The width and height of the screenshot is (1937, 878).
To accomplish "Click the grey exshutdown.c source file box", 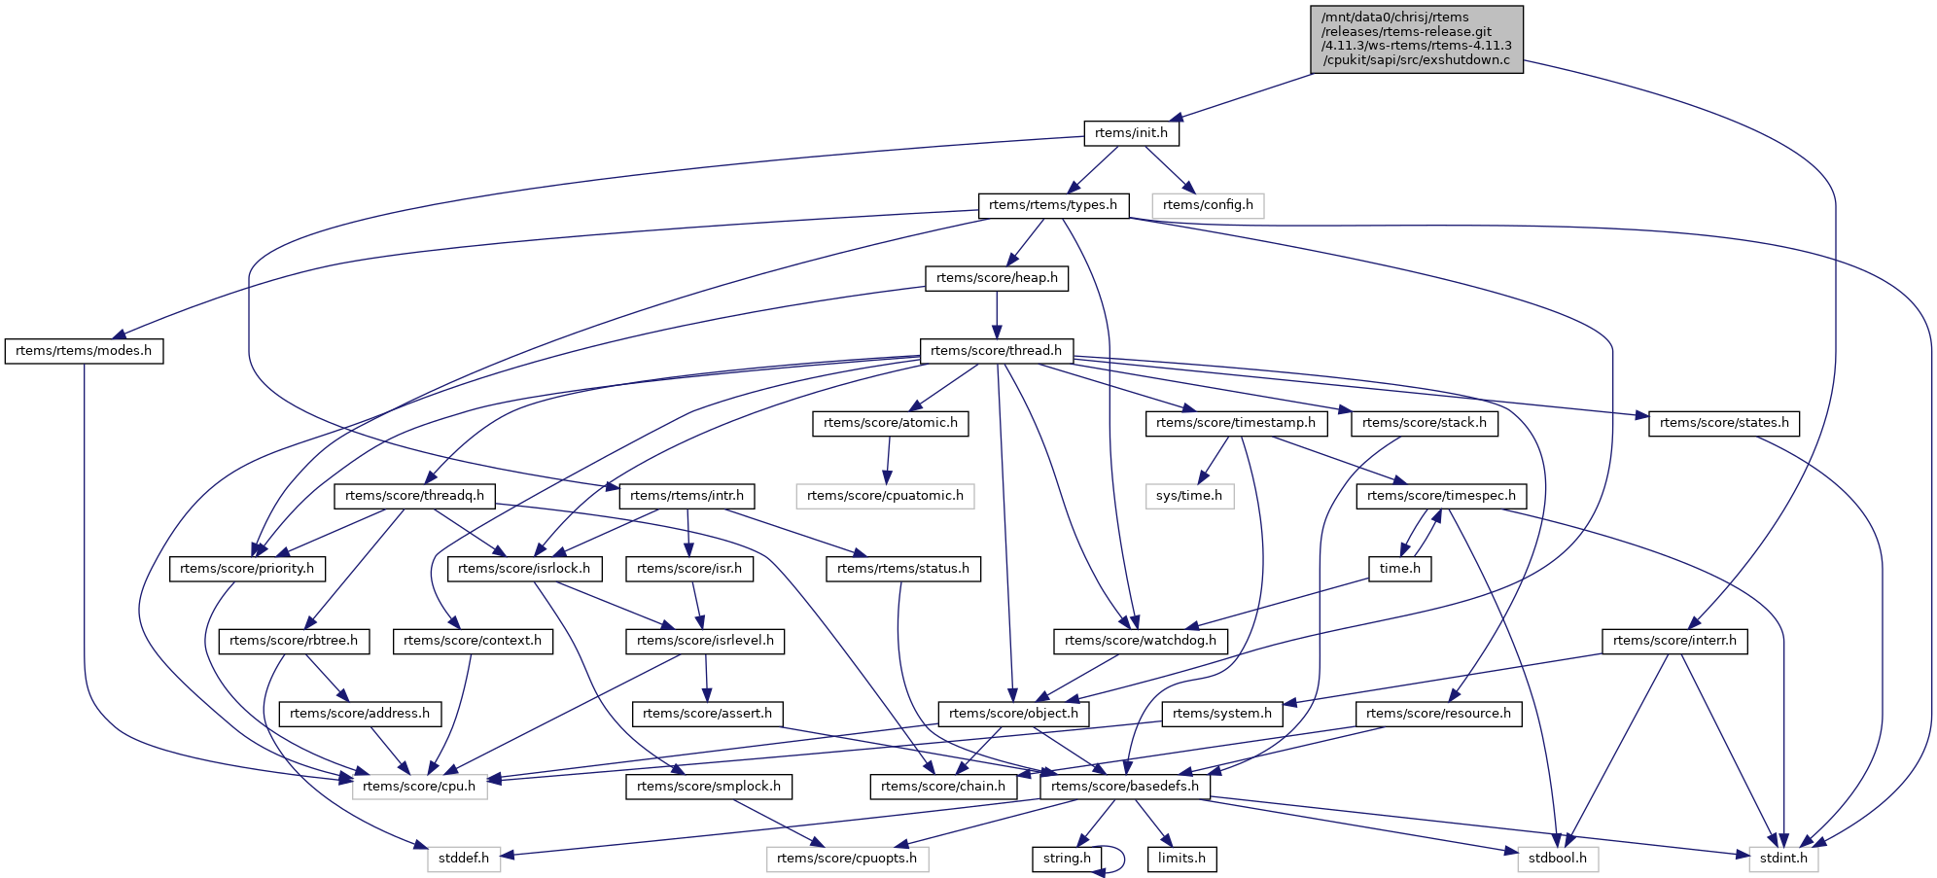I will click(x=1417, y=39).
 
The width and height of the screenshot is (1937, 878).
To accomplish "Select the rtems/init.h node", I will click(x=1131, y=133).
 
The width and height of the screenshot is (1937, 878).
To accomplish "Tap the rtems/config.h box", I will click(x=1208, y=205).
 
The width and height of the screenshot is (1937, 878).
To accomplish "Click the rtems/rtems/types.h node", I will click(x=1053, y=205).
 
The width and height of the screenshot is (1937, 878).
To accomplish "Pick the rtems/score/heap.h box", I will click(x=997, y=278).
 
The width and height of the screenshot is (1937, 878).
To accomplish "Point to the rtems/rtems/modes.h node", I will click(x=84, y=351).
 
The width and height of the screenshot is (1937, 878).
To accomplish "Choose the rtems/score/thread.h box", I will click(x=996, y=351).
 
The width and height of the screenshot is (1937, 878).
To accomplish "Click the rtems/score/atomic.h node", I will click(x=890, y=423).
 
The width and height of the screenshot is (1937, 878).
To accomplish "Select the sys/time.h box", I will click(x=1189, y=496).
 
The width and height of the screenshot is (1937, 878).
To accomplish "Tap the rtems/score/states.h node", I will click(x=1723, y=423).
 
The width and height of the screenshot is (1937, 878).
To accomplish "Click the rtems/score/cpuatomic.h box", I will click(x=885, y=496).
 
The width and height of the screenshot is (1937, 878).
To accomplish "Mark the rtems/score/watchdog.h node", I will click(x=1140, y=641).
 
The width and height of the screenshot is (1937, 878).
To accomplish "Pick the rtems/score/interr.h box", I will click(x=1674, y=641).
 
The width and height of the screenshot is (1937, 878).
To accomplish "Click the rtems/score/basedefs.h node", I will click(x=1125, y=786).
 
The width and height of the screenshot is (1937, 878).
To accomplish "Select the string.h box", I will click(x=1067, y=859).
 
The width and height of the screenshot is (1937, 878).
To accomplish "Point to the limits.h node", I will click(x=1181, y=859).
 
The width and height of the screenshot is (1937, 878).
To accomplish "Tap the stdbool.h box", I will click(x=1557, y=859).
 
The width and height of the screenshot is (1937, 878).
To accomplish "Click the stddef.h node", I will click(x=464, y=859).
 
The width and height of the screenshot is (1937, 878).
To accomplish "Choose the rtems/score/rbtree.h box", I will click(x=294, y=641).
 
